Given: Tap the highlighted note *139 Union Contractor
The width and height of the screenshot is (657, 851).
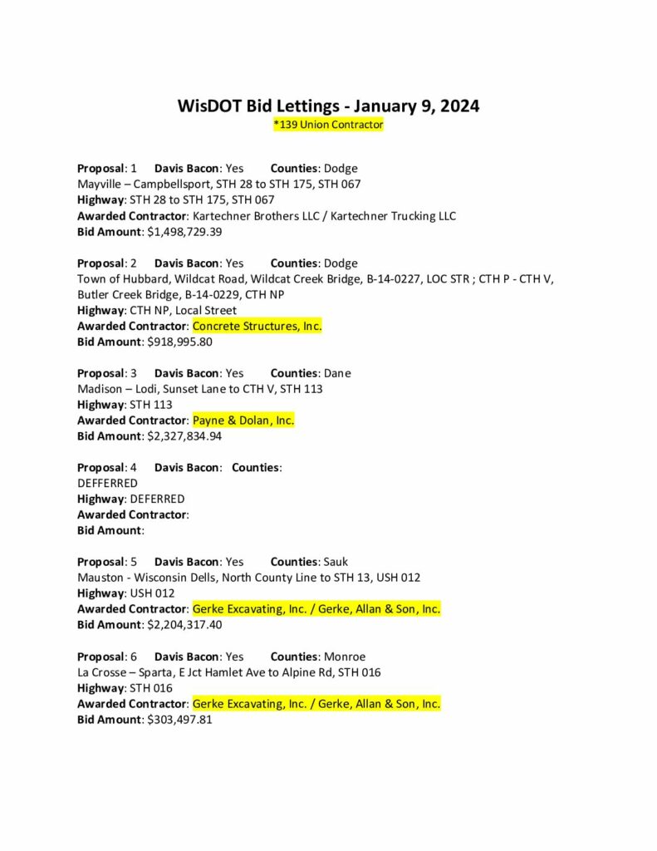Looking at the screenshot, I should [x=328, y=125].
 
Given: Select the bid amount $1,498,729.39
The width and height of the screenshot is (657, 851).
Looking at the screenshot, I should [x=184, y=232].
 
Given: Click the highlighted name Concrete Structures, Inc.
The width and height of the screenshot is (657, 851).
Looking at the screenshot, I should [x=257, y=327].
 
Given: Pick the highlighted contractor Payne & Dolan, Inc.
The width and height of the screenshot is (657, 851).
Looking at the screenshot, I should [x=243, y=421].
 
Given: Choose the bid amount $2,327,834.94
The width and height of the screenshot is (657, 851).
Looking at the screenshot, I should [x=184, y=435].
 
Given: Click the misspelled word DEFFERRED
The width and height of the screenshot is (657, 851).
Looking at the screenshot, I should [x=107, y=483].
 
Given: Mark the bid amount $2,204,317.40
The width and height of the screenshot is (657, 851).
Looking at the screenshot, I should [x=184, y=624].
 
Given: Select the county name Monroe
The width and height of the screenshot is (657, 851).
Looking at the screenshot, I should [x=344, y=657].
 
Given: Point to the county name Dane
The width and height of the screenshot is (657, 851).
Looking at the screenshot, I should [x=337, y=373].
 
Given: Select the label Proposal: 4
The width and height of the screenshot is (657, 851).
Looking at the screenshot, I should [x=107, y=468].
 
